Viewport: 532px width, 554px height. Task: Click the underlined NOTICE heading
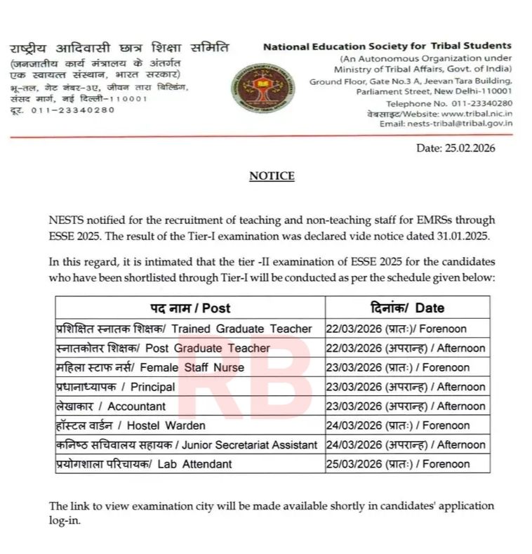pyautogui.click(x=272, y=176)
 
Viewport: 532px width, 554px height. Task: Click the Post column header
pyautogui.click(x=189, y=308)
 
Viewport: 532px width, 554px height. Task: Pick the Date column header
pyautogui.click(x=407, y=308)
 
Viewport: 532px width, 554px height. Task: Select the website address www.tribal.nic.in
pyautogui.click(x=477, y=113)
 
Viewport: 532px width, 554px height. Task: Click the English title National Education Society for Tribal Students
pyautogui.click(x=387, y=46)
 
